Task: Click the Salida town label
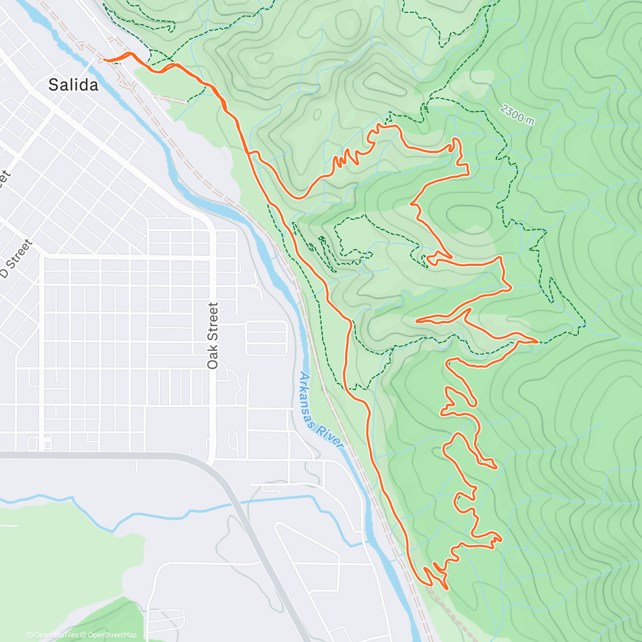(x=73, y=85)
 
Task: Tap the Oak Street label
(x=213, y=335)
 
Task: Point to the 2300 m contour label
(x=517, y=114)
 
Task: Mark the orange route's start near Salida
(x=105, y=60)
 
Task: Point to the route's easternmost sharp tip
(x=537, y=340)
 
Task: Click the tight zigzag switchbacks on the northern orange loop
(x=345, y=158)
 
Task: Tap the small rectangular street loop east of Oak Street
(x=266, y=338)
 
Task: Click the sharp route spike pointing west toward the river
(x=417, y=320)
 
